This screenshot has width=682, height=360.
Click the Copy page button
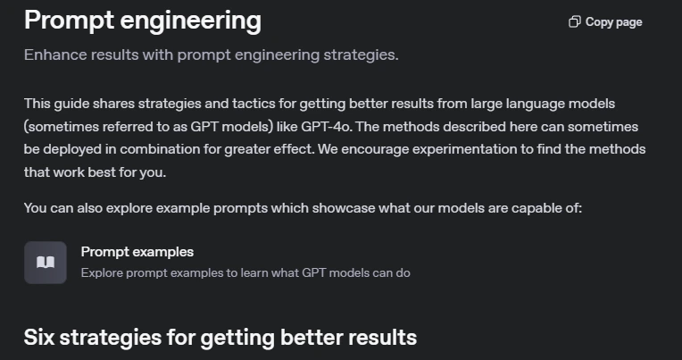tap(605, 22)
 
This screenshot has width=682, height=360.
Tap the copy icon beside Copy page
tap(575, 21)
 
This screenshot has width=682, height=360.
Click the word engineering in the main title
tap(190, 21)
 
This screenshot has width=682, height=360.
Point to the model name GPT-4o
tap(326, 127)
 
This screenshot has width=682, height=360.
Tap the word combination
tap(160, 149)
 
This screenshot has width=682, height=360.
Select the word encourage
tap(375, 149)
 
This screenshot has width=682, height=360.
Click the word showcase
tap(344, 208)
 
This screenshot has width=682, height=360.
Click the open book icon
tap(46, 263)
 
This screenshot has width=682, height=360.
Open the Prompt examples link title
tap(137, 252)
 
